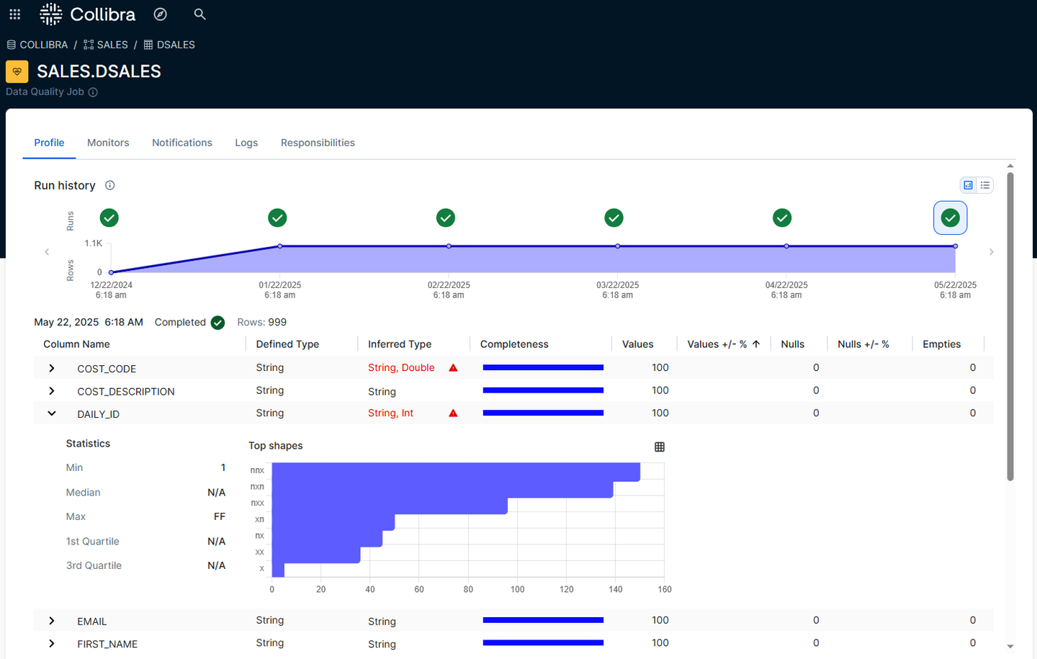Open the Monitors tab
[108, 143]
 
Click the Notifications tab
[182, 143]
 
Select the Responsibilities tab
[318, 143]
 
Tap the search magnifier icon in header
[199, 14]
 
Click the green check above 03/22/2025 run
[614, 218]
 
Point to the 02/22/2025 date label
[449, 285]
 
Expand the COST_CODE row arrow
[52, 368]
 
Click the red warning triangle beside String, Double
[453, 367]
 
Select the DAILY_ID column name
[98, 414]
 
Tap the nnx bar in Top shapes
[456, 471]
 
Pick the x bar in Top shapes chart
[278, 570]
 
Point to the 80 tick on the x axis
[468, 589]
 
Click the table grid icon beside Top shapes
[659, 447]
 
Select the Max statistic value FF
[220, 516]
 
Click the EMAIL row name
[92, 622]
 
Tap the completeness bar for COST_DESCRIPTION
[543, 390]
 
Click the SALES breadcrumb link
[112, 45]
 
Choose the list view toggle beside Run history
[985, 185]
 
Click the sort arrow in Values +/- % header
[756, 344]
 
